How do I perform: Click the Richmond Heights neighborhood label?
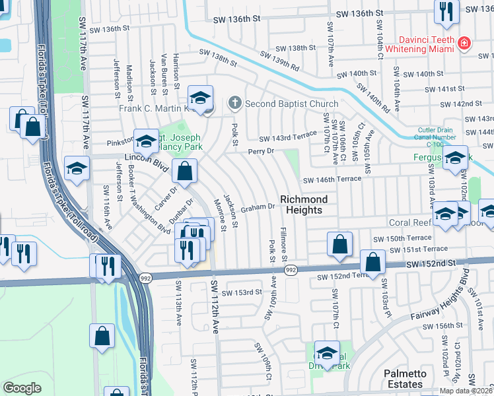click(x=303, y=205)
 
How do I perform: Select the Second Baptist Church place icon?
click(x=234, y=103)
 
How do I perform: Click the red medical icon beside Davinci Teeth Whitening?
click(x=465, y=43)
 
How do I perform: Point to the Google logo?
click(x=22, y=388)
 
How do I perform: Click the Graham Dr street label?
click(x=258, y=207)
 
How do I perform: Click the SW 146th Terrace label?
click(x=332, y=180)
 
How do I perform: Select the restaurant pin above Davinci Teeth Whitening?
click(x=446, y=12)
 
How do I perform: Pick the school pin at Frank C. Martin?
click(x=201, y=98)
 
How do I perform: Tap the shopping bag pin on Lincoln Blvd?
click(x=185, y=171)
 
